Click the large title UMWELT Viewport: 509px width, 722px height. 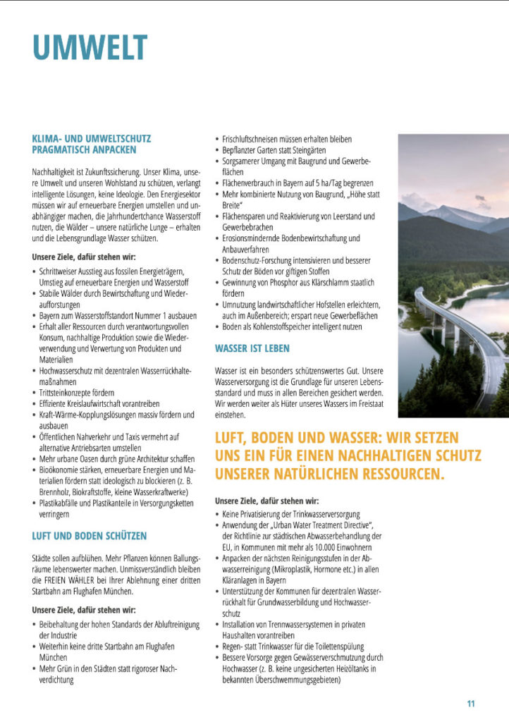90,48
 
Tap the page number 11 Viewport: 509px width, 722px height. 471,704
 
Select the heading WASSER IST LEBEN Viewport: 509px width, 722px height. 252,348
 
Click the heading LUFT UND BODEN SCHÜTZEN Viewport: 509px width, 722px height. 90,536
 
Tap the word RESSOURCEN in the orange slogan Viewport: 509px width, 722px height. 400,474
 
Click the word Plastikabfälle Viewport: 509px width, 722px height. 63,503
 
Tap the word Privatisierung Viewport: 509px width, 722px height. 265,514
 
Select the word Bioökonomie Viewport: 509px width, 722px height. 61,470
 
